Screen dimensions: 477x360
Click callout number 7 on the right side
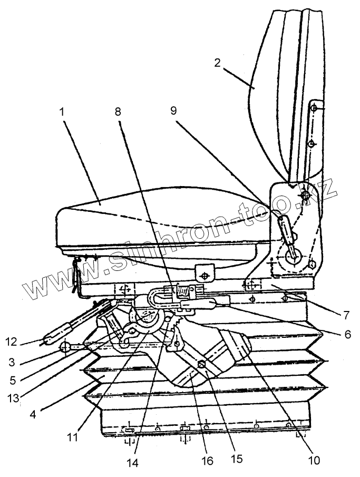click(345, 316)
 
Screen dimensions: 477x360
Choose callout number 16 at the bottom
click(207, 461)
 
